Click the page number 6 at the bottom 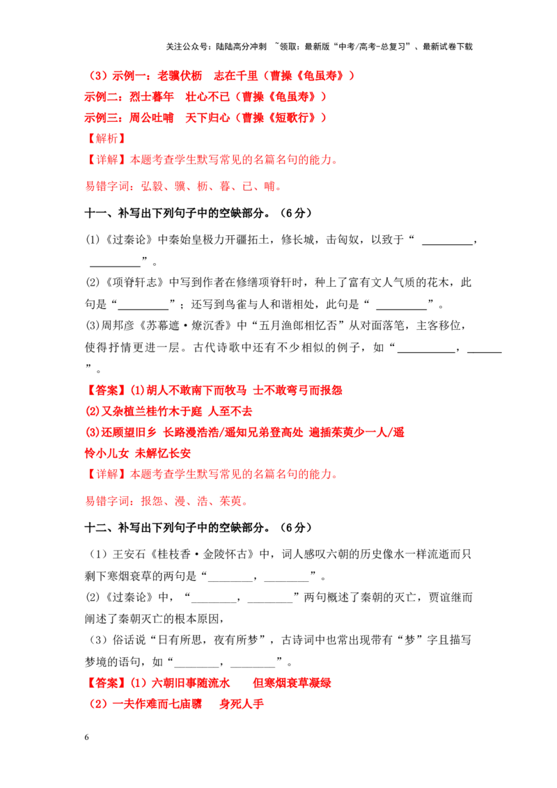tap(86, 737)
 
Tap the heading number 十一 tap(95, 213)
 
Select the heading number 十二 tap(95, 528)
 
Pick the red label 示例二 tap(101, 97)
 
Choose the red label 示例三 tap(101, 118)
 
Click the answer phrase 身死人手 tap(242, 704)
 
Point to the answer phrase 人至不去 tap(230, 411)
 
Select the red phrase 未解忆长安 tap(164, 453)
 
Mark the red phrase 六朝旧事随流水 tap(191, 683)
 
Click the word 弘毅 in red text tap(152, 187)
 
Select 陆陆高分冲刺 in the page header tap(242, 47)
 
